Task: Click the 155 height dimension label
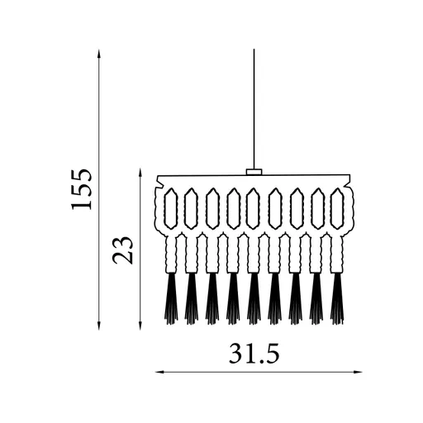(81, 189)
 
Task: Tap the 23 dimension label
(122, 250)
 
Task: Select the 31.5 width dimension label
(254, 354)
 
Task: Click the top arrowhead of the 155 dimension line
(99, 53)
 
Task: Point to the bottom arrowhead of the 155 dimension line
(99, 326)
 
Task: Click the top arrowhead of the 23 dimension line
(140, 172)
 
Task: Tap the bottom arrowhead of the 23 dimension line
(140, 326)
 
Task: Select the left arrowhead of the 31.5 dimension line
(159, 372)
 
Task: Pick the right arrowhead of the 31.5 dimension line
(358, 372)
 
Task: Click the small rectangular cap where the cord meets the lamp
(254, 172)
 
